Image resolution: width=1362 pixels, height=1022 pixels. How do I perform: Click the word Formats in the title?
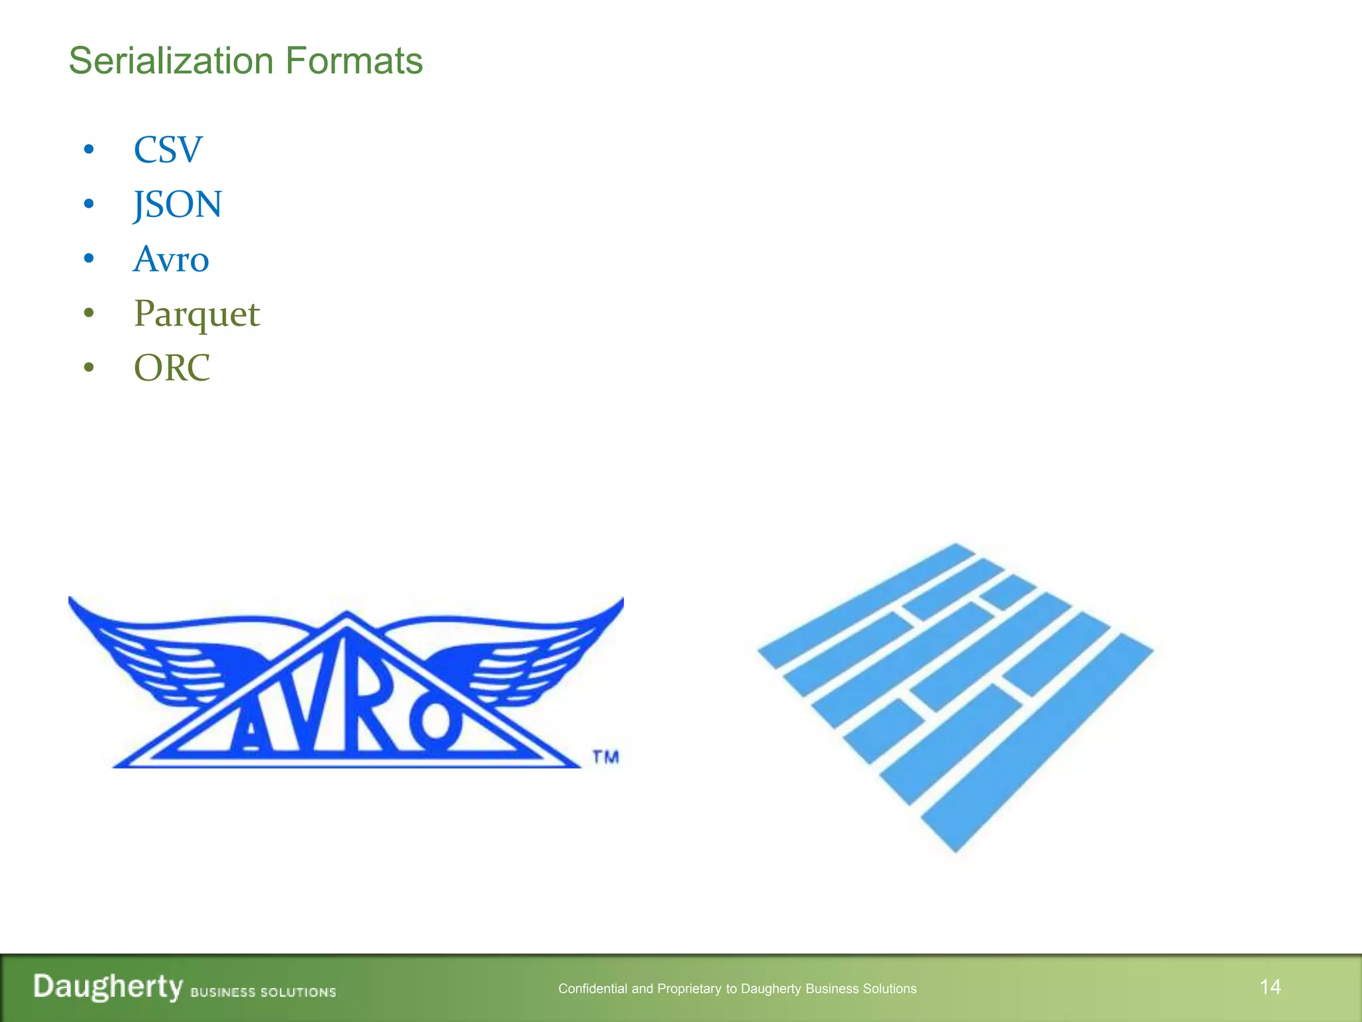click(x=354, y=61)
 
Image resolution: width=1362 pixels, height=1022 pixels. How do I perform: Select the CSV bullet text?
click(x=168, y=150)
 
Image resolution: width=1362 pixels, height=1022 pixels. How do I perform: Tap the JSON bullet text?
click(x=178, y=204)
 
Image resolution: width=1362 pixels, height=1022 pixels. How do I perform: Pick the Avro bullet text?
click(x=171, y=259)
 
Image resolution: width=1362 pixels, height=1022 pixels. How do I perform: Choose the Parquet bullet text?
click(x=197, y=314)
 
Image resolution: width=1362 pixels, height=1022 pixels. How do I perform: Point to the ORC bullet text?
click(x=172, y=368)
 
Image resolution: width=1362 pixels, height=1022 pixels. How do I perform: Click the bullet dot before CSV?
click(x=89, y=150)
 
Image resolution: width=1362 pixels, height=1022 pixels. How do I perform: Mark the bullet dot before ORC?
click(x=89, y=368)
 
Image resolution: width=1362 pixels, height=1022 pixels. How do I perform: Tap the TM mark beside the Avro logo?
click(x=605, y=757)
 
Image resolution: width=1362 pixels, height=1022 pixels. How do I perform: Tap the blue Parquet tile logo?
click(x=956, y=695)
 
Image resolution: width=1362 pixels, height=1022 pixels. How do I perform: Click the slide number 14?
click(x=1270, y=987)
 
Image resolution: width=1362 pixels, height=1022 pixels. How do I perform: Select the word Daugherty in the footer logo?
click(x=108, y=986)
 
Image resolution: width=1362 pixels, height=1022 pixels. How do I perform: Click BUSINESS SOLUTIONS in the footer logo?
click(x=263, y=992)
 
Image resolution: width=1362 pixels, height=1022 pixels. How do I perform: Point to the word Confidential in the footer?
click(x=593, y=989)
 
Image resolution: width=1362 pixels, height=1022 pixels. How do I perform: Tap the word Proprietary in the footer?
click(x=689, y=989)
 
